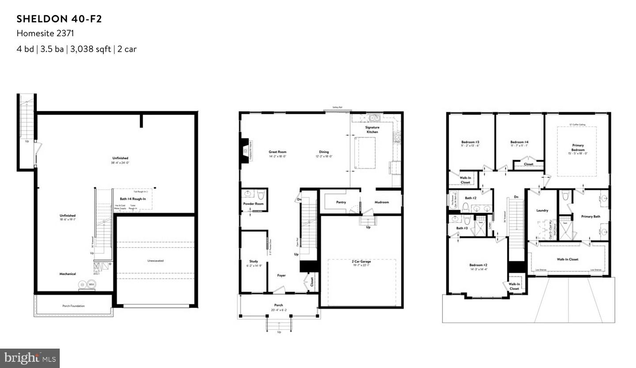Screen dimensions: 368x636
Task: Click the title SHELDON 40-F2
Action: (x=60, y=19)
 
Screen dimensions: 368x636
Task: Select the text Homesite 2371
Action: (x=45, y=34)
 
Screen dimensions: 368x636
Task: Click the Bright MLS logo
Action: (x=30, y=358)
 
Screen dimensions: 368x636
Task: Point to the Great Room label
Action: (x=278, y=152)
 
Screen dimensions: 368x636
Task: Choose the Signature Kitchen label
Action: (x=372, y=130)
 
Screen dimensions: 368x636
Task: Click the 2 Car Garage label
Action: (x=362, y=262)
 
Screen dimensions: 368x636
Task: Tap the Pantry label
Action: (x=341, y=203)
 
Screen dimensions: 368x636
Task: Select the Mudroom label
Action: (x=382, y=203)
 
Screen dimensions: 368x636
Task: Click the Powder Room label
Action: (x=254, y=203)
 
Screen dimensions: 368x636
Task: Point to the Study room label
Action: (x=254, y=261)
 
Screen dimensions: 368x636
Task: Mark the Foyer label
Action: (x=281, y=275)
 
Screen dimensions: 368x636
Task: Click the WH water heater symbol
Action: (x=91, y=285)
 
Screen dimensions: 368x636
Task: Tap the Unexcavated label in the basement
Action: (x=155, y=261)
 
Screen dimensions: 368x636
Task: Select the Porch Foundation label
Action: (x=73, y=306)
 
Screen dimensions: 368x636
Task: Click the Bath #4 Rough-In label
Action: (x=133, y=199)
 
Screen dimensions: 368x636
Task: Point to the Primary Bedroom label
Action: (x=578, y=147)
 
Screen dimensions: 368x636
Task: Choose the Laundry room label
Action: (x=542, y=210)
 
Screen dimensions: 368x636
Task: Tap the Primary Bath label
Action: (x=591, y=217)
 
